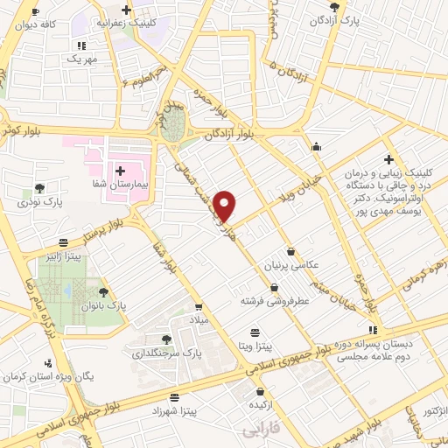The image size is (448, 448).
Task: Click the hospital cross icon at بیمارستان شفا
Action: [x=120, y=171]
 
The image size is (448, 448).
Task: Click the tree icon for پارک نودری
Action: [x=38, y=186]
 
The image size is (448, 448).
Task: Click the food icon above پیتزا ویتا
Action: [x=255, y=332]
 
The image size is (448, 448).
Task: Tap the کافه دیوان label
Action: [x=36, y=25]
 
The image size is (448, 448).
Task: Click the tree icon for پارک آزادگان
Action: [x=334, y=6]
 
